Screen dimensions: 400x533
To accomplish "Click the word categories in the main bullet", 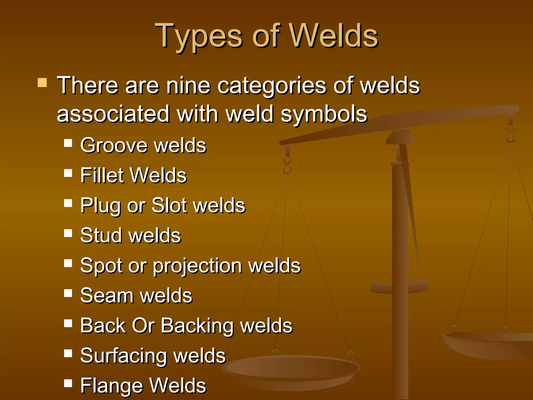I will tap(271, 86).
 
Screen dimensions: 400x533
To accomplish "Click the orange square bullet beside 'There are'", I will tap(42, 83).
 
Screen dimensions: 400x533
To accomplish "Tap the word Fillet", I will tap(101, 175).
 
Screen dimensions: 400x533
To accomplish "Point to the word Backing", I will tap(197, 326).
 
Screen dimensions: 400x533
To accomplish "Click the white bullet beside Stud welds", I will tap(68, 233).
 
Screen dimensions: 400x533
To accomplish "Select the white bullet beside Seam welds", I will tap(68, 293).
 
